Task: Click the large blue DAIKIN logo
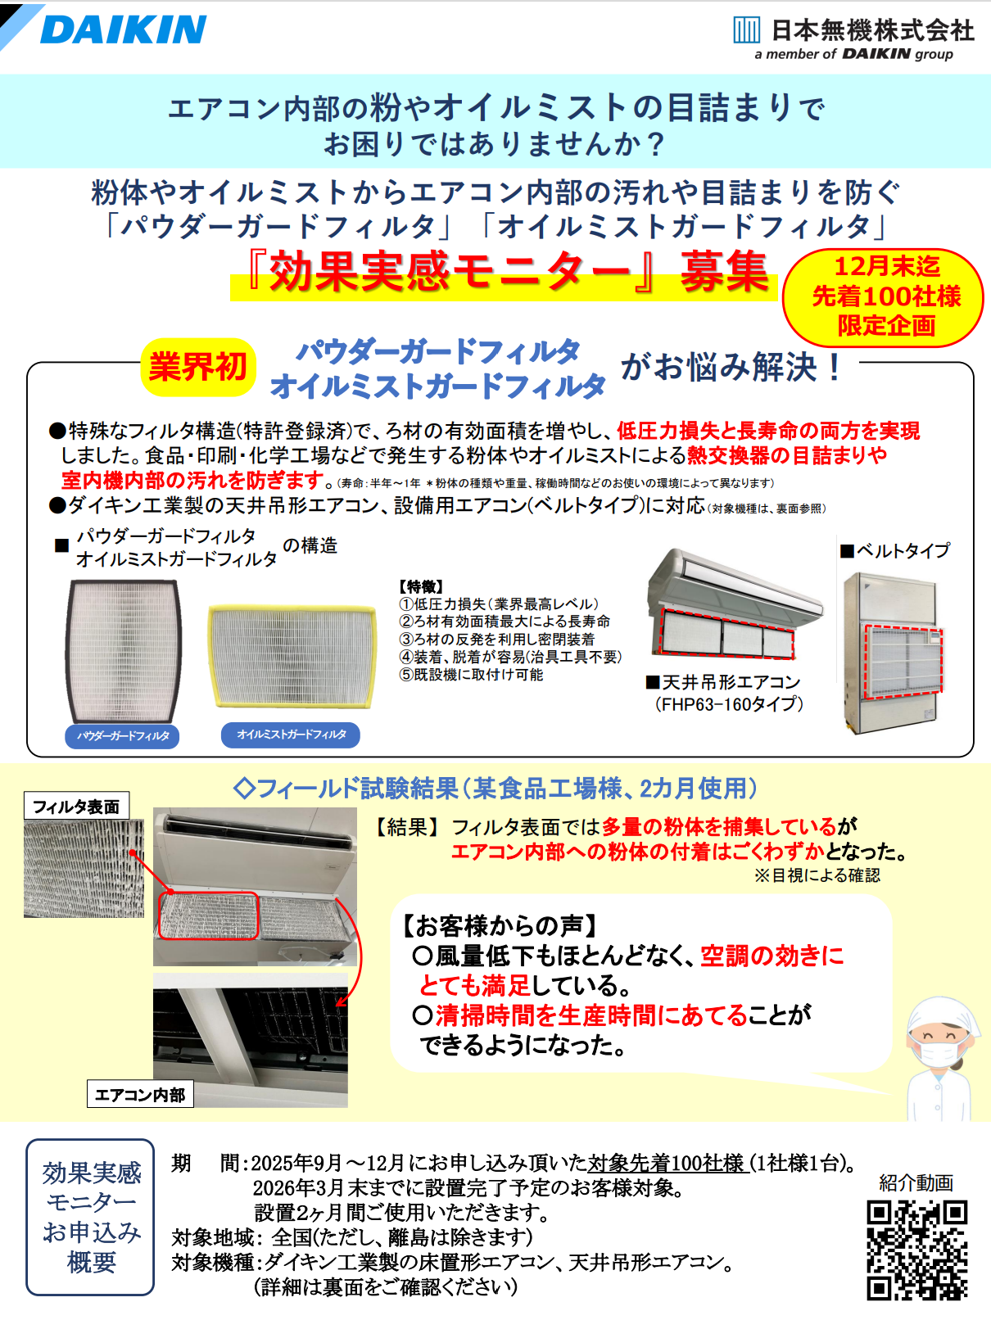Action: (124, 29)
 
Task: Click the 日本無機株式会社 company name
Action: (872, 30)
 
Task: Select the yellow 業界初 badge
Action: (198, 367)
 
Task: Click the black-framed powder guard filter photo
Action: (123, 651)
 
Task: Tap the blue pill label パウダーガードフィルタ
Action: (122, 736)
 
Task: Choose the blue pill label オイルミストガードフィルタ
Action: (291, 735)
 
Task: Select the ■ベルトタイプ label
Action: (895, 550)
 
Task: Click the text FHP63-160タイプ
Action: (730, 703)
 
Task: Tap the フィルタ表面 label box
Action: (76, 806)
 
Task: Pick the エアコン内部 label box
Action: (140, 1095)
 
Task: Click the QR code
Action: (917, 1250)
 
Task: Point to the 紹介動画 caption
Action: (916, 1183)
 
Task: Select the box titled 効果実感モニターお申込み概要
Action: (90, 1217)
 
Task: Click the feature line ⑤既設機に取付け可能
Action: (471, 675)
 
